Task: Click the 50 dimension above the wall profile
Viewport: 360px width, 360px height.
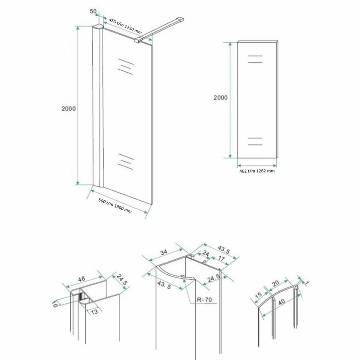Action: coord(92,12)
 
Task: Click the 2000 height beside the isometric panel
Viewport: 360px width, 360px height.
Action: coord(69,108)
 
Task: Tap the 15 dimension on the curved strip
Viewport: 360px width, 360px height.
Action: coord(259,295)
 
